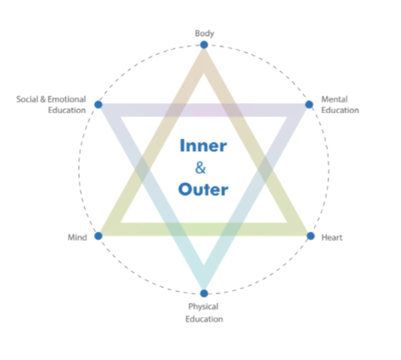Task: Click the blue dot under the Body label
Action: pos(204,45)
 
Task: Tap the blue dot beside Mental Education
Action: pos(309,104)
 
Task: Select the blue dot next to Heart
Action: pos(310,236)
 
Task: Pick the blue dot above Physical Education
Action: pos(204,293)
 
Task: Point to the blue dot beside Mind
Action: pos(98,235)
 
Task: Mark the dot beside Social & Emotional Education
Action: pos(98,104)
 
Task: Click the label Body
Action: pos(205,33)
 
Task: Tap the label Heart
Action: pos(332,238)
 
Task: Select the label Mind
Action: pos(77,238)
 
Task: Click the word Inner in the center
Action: pos(204,146)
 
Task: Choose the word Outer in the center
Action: pos(204,189)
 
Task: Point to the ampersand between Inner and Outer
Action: pos(200,168)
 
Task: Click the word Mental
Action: pos(334,99)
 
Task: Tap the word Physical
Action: pos(204,307)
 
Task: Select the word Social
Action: pos(27,99)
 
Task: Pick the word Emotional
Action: pos(67,99)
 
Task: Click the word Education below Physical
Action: pos(204,319)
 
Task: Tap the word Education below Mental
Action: pos(340,110)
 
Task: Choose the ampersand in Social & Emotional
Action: pos(43,99)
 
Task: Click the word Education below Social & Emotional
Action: pos(67,110)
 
